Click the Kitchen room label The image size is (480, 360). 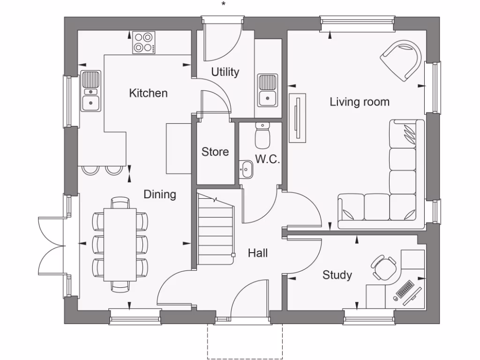point(148,93)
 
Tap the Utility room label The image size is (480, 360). point(225,72)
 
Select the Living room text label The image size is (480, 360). point(360,102)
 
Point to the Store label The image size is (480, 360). point(215,152)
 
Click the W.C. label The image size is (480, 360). point(268,159)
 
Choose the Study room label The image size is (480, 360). point(337,275)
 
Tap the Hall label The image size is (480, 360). point(258,253)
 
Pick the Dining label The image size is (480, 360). point(160,194)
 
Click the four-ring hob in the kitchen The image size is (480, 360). point(143,42)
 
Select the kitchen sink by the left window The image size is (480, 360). point(90,91)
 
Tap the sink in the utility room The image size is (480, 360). point(267,90)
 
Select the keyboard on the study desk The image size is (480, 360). point(405,289)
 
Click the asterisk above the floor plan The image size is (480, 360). point(224,4)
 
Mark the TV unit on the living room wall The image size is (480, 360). point(298,117)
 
